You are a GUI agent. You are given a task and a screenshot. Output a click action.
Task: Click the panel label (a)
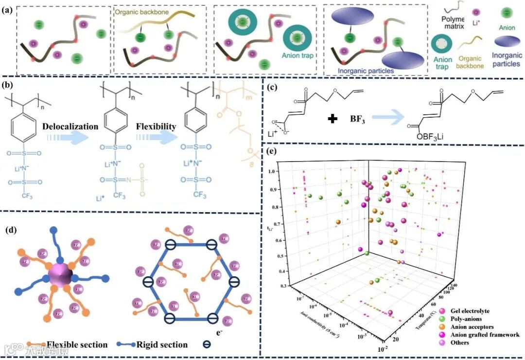7,10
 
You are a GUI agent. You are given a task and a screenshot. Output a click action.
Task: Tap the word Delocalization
70,126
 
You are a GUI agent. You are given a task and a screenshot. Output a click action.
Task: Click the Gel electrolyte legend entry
469,311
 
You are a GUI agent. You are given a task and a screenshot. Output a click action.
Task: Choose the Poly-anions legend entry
465,319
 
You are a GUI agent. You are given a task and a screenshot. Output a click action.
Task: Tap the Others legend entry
459,342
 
